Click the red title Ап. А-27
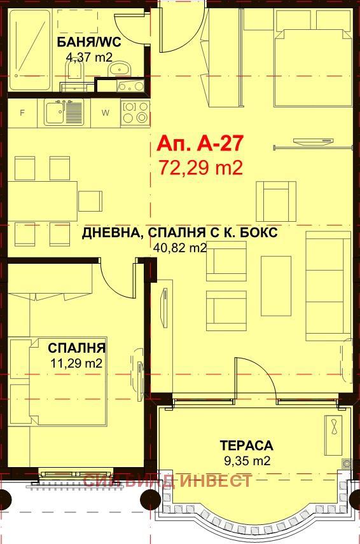pos(199,144)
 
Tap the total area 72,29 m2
pos(200,168)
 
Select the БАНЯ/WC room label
pos(88,43)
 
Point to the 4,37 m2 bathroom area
pos(88,56)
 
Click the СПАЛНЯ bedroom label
pos(77,348)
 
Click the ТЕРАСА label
pos(246,445)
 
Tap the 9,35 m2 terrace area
pos(246,461)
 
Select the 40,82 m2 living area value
pos(180,248)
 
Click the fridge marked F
pos(23,113)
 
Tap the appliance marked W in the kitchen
pos(106,113)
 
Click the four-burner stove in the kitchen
pos(135,112)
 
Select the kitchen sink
pos(64,113)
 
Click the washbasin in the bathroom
pos(118,68)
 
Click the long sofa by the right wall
pos(328,286)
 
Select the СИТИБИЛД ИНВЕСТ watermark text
pos(167,480)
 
